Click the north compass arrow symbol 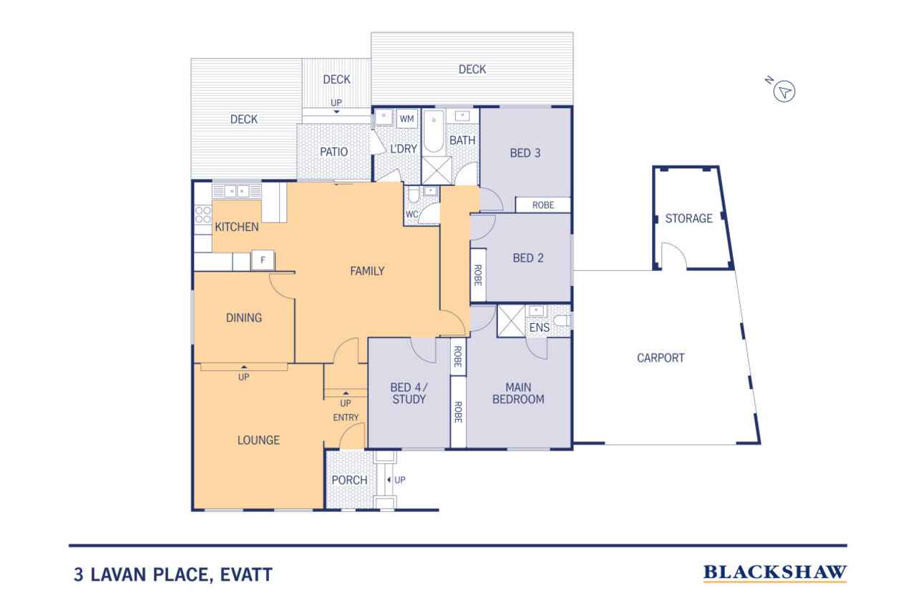tap(786, 91)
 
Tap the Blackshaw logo tap(774, 573)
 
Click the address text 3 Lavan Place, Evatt tap(172, 574)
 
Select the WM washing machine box tap(407, 118)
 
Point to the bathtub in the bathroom tap(433, 132)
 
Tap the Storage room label tap(688, 218)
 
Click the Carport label tap(661, 358)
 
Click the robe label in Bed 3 tap(543, 205)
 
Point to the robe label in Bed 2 tap(477, 275)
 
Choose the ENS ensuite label tap(539, 328)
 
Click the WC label tap(411, 214)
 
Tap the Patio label tap(333, 152)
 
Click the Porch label tap(349, 480)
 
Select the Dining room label tap(243, 318)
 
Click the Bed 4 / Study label tap(409, 393)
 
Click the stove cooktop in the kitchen tap(203, 215)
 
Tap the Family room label tap(367, 271)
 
